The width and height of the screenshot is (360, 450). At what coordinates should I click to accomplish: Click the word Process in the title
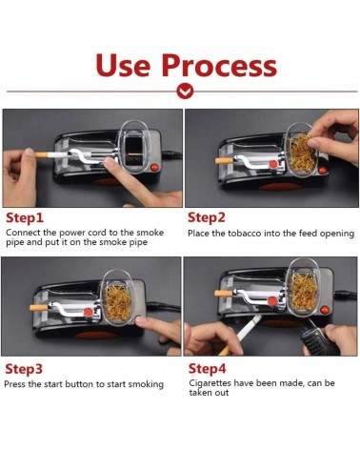[219, 65]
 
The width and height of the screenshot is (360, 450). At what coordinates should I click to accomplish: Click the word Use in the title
[123, 65]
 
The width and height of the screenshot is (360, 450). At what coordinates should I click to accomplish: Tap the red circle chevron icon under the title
[185, 92]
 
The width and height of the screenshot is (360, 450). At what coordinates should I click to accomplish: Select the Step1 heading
[24, 218]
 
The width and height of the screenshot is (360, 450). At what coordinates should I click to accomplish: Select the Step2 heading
[207, 218]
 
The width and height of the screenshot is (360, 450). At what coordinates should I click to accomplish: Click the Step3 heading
[24, 369]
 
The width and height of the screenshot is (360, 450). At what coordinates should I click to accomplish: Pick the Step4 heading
[207, 369]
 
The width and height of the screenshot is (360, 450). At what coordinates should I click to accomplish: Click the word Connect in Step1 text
[23, 233]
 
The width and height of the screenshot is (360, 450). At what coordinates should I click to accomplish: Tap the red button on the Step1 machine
[153, 167]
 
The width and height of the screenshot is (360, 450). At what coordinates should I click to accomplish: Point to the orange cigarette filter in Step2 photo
[220, 161]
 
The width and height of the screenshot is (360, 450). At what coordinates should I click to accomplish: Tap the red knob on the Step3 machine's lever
[89, 313]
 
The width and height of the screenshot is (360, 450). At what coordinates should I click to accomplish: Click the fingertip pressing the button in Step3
[140, 320]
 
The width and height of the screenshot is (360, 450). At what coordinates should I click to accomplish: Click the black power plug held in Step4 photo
[313, 337]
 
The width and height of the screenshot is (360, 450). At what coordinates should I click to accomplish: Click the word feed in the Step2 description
[308, 234]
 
